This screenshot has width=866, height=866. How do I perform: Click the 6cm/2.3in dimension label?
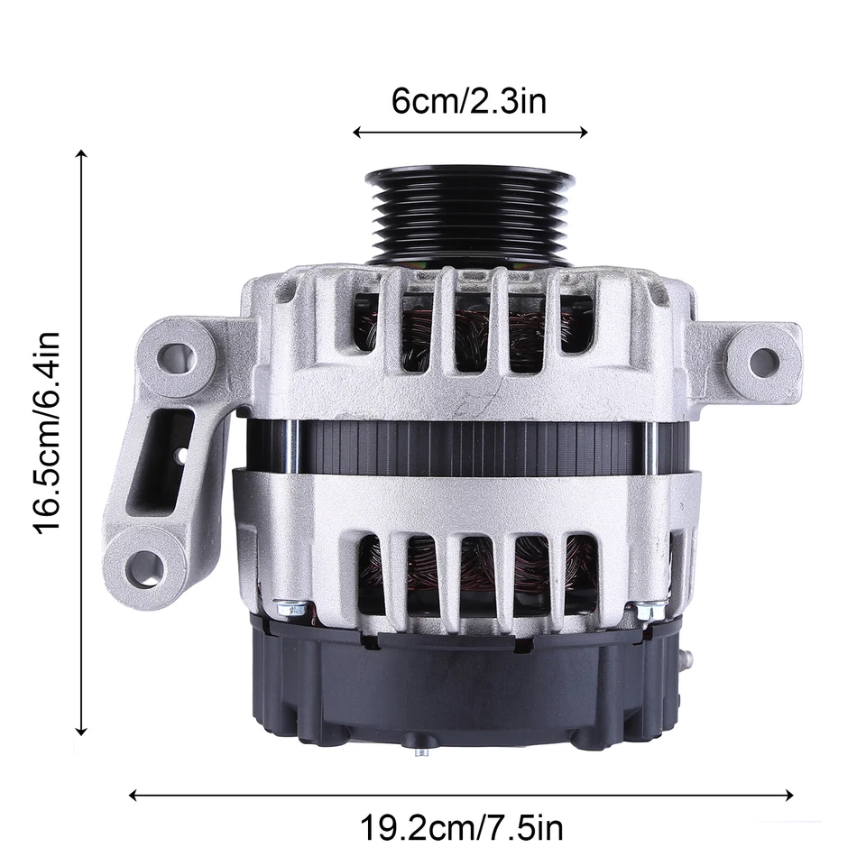(x=469, y=101)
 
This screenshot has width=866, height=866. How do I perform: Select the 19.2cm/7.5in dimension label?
(x=463, y=828)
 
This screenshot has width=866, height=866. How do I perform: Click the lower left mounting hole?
(x=144, y=567)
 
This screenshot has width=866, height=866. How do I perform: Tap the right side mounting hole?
(x=763, y=362)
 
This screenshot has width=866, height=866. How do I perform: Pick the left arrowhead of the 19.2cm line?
(x=134, y=796)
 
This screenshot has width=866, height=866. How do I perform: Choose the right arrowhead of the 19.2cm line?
(x=790, y=796)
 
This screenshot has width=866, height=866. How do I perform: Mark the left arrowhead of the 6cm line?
(x=356, y=133)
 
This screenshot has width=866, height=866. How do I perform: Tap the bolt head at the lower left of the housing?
(x=290, y=610)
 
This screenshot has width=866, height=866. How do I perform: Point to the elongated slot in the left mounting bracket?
(x=171, y=451)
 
